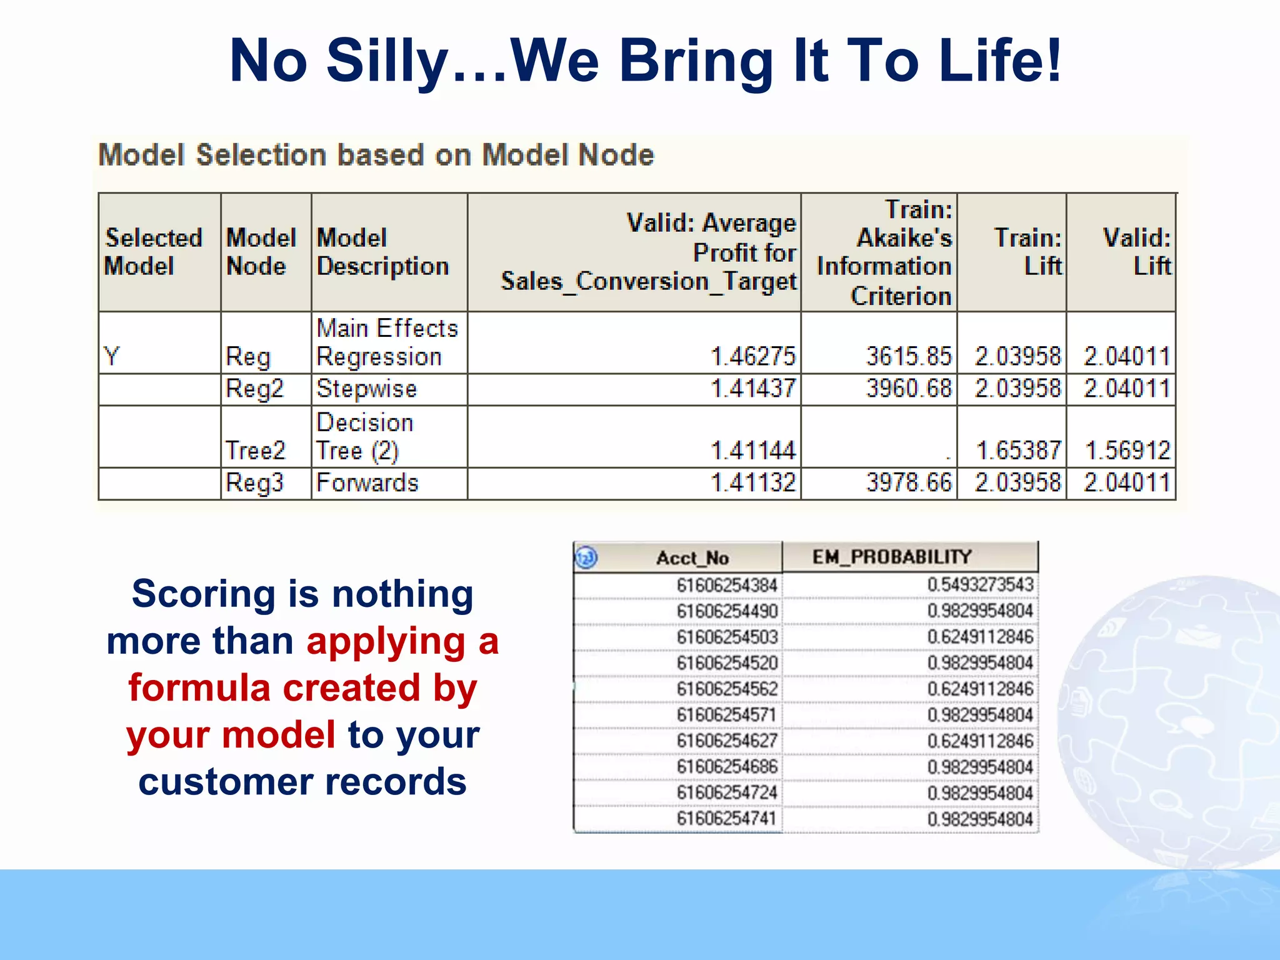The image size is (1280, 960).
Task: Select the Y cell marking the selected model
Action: pos(112,356)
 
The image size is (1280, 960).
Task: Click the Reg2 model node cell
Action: pos(255,389)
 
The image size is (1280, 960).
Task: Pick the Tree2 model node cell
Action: pos(256,450)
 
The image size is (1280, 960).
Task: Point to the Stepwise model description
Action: pos(367,389)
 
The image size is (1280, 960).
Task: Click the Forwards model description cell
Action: pos(367,482)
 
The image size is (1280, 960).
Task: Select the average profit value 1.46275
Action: pos(753,356)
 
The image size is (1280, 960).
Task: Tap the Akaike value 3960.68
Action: pos(909,389)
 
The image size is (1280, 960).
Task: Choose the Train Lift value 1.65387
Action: pos(1018,450)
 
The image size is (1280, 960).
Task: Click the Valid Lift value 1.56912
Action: pos(1127,450)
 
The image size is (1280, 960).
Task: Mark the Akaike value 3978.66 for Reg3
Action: pos(909,482)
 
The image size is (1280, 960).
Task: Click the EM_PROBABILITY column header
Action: pos(892,556)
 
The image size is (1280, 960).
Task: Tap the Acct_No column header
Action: pos(692,557)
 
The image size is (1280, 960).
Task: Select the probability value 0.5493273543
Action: pos(980,585)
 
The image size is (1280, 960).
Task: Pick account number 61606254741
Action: pos(727,818)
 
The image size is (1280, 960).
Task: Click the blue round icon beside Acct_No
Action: pos(586,557)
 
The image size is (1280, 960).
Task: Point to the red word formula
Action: pos(199,688)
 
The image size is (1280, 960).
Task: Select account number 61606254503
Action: pos(727,637)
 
